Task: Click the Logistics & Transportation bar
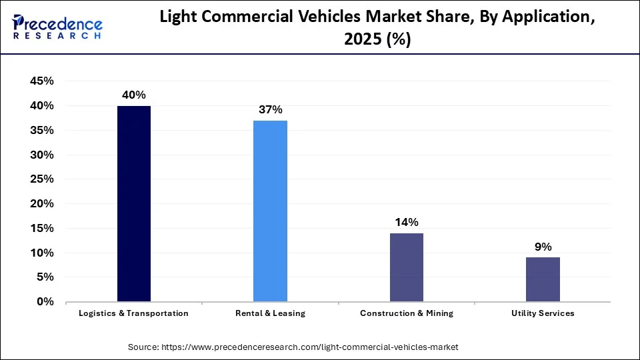coord(134,203)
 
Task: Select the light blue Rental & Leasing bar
coord(270,211)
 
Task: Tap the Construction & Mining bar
coord(406,267)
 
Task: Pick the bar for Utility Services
coord(543,279)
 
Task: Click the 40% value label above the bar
coord(134,95)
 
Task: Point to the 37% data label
coord(270,109)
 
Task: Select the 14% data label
coord(406,222)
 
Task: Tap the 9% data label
coord(543,247)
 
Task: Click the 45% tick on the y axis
coord(41,81)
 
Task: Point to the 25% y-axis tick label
coord(41,179)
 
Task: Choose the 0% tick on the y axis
coord(45,302)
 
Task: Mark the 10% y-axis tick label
coord(41,253)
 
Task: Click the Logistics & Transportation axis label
coord(134,313)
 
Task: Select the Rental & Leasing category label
coord(270,313)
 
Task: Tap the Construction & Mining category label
coord(406,313)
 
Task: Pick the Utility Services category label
coord(543,313)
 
